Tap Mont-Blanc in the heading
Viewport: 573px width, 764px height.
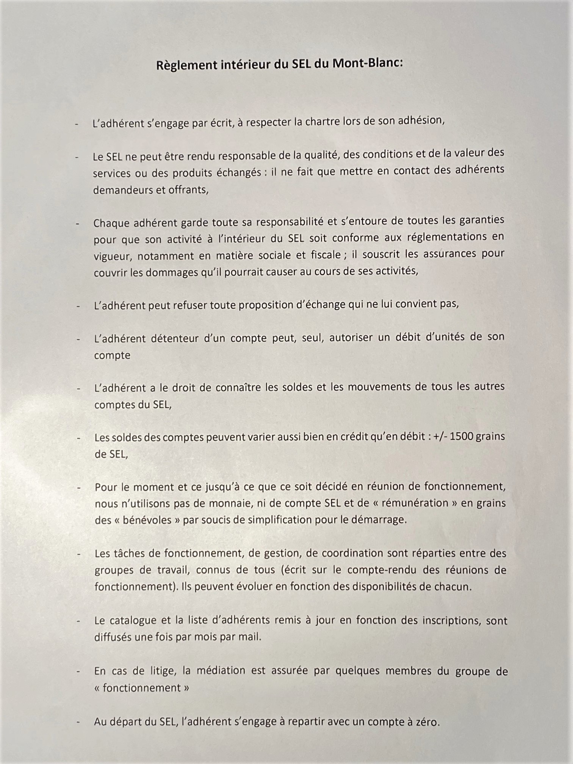[367, 63]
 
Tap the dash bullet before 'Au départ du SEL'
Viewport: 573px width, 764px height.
[78, 722]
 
